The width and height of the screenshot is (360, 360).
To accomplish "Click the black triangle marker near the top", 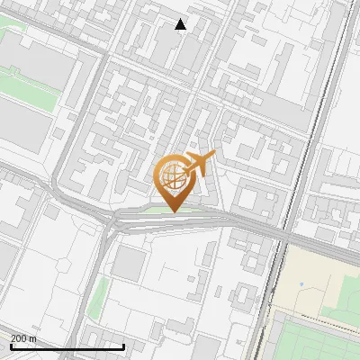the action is click(x=181, y=24).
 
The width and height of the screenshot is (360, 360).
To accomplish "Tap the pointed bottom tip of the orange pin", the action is click(x=172, y=211).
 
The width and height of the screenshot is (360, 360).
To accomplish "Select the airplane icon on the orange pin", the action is click(x=199, y=164).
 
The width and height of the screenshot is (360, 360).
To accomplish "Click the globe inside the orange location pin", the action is click(x=172, y=175).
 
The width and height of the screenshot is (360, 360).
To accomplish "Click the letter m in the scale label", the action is click(x=34, y=338).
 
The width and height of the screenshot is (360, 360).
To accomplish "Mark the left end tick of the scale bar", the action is click(x=10, y=346).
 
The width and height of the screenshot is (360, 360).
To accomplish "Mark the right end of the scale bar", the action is click(x=123, y=346).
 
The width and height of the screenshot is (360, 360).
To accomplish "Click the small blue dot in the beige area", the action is click(x=301, y=284).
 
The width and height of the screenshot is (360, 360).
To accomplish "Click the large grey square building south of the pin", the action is click(x=131, y=263).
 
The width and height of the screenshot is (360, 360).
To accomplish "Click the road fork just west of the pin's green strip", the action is click(x=112, y=219).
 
